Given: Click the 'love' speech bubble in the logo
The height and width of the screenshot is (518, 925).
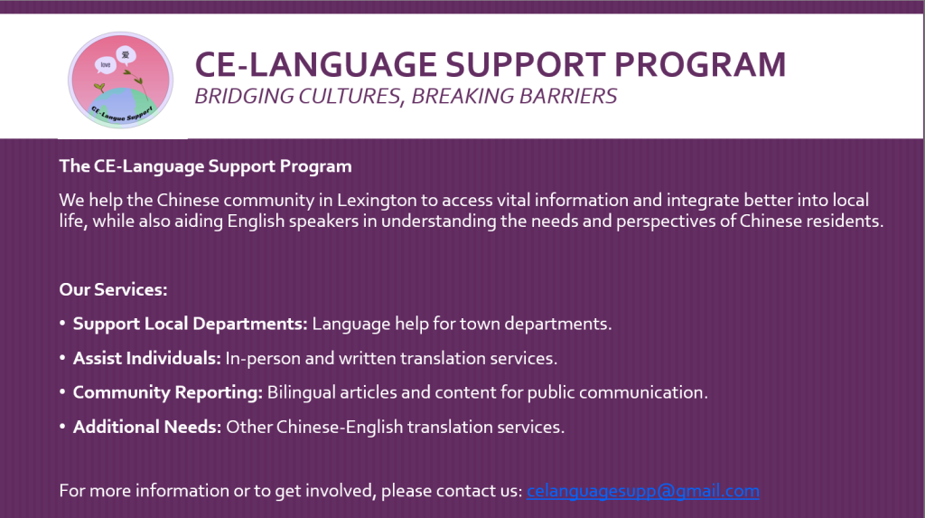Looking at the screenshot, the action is pyautogui.click(x=105, y=65).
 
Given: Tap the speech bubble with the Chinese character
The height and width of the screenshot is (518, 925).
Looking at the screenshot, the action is pyautogui.click(x=126, y=56).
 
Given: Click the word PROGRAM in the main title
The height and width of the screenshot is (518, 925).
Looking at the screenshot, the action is pyautogui.click(x=700, y=64).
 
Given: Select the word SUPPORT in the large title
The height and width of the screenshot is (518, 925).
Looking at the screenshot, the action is pyautogui.click(x=525, y=64).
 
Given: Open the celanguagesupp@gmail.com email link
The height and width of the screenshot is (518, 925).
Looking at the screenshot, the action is pyautogui.click(x=643, y=491).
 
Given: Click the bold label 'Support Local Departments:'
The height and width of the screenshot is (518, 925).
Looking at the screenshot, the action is pyautogui.click(x=190, y=324).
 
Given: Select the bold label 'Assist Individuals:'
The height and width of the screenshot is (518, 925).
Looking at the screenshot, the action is pyautogui.click(x=147, y=358).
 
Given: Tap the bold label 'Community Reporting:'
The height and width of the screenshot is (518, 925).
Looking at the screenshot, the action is pyautogui.click(x=167, y=392).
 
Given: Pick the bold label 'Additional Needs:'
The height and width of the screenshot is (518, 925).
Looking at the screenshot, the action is pyautogui.click(x=147, y=427).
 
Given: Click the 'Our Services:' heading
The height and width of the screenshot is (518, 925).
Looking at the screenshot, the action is pyautogui.click(x=113, y=289).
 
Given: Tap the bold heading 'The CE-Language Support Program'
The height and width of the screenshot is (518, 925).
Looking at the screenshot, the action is pyautogui.click(x=205, y=166).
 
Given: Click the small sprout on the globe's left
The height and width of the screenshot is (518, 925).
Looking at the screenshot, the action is pyautogui.click(x=99, y=88).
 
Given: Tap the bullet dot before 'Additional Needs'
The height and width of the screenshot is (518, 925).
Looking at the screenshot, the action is pyautogui.click(x=62, y=427).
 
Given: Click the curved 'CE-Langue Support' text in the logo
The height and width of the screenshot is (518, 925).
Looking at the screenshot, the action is pyautogui.click(x=122, y=114).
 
